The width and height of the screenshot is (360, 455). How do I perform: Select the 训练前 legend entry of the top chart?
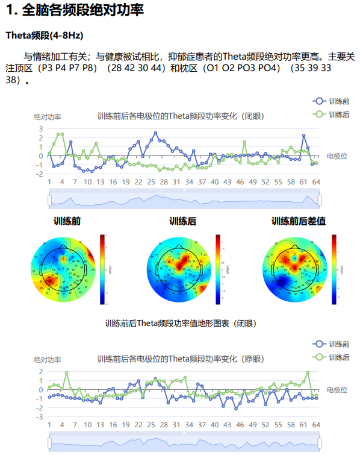click(x=332, y=101)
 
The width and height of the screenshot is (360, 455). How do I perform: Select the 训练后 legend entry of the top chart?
click(x=332, y=114)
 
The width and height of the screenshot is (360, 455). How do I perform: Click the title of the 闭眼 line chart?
click(x=180, y=116)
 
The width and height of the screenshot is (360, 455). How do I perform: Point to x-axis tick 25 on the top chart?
click(x=151, y=181)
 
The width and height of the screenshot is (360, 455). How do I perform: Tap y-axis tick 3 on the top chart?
click(x=41, y=129)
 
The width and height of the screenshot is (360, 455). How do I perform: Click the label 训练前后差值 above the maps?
click(x=299, y=222)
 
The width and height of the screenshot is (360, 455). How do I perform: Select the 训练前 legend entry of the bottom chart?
click(x=332, y=344)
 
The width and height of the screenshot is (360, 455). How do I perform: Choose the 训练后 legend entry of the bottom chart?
click(x=332, y=357)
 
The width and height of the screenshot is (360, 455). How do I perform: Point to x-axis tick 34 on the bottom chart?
click(x=188, y=424)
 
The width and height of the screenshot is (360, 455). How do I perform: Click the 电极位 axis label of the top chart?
click(x=337, y=156)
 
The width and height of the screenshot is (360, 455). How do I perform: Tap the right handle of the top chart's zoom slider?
click(x=320, y=199)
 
